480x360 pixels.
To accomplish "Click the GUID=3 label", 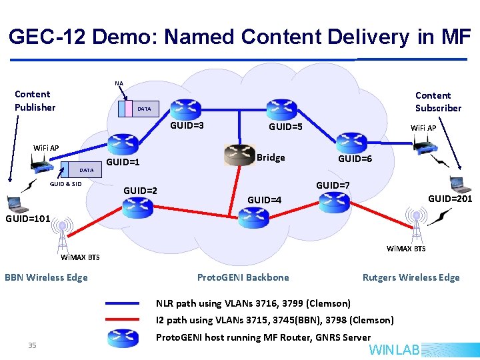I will [187, 125].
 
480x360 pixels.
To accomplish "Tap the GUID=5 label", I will [285, 126].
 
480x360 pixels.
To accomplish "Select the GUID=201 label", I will [450, 199].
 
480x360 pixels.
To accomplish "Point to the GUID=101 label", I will [27, 218].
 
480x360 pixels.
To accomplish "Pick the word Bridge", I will [271, 158].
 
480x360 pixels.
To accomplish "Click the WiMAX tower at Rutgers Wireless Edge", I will [416, 226].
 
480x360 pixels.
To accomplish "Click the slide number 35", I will [32, 345].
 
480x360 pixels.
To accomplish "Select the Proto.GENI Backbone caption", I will [243, 277].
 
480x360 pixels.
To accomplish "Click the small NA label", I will [119, 83].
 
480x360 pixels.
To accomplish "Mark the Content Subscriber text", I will [438, 102].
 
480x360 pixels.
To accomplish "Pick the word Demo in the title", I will [121, 37].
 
